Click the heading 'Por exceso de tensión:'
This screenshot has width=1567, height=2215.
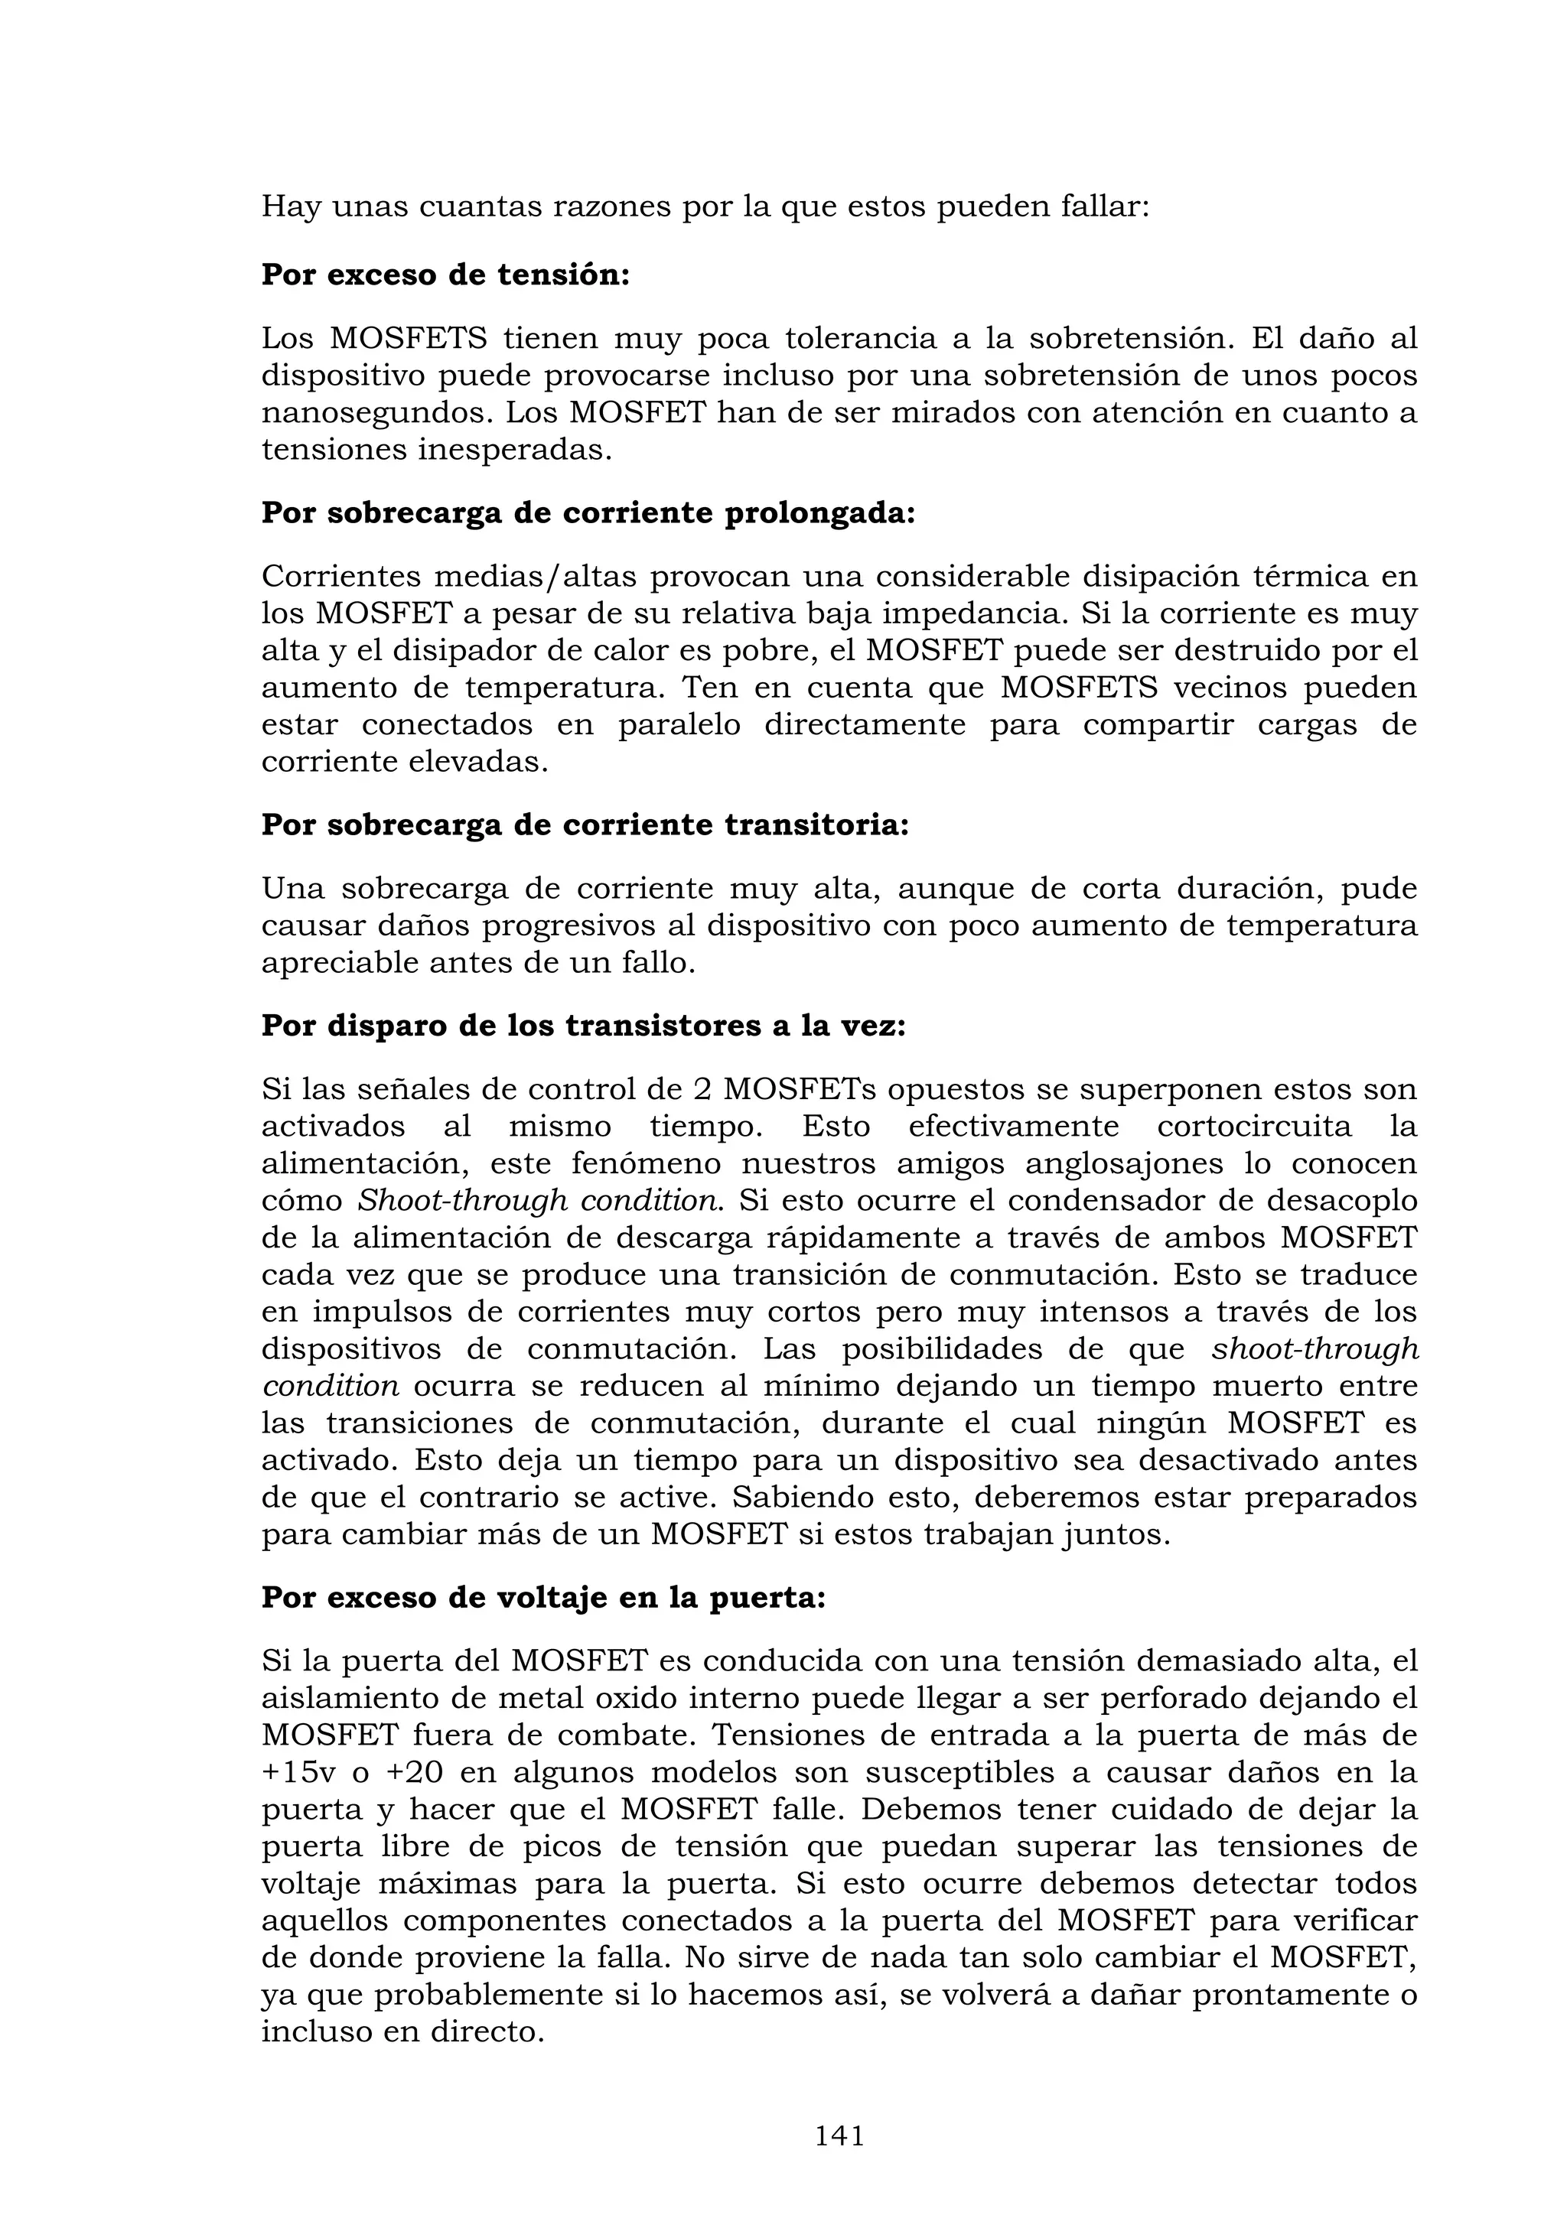coord(445,275)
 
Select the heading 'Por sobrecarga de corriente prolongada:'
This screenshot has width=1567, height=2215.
coord(588,513)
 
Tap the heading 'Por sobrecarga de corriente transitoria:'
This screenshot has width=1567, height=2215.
coord(585,826)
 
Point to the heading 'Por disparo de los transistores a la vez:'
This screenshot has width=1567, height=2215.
coord(583,1026)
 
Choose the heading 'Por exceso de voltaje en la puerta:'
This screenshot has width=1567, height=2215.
coord(543,1599)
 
